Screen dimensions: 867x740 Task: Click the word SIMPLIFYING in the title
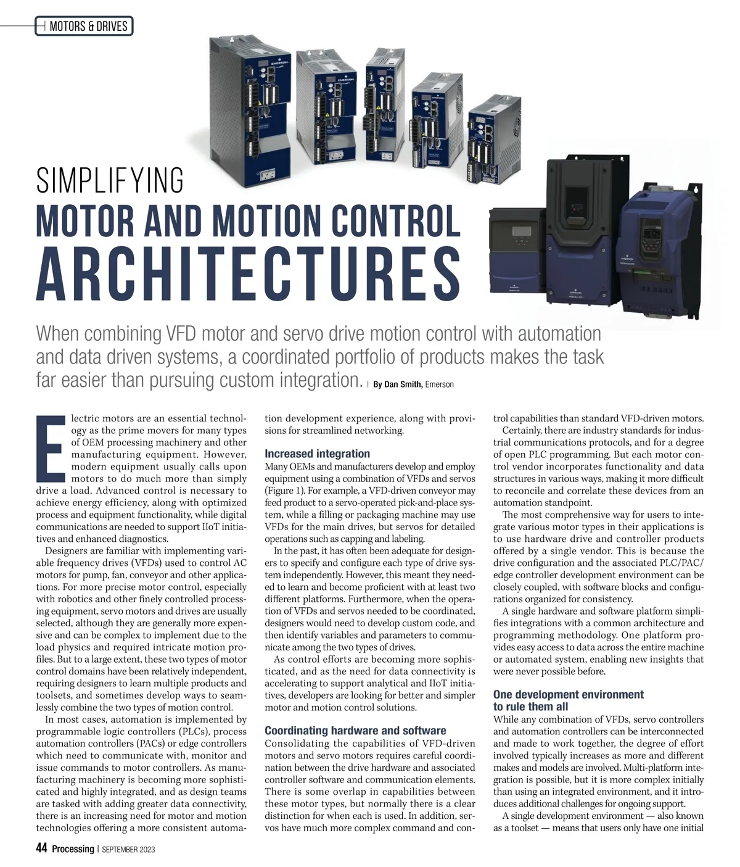(110, 180)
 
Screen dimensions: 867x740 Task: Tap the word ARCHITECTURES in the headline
(248, 273)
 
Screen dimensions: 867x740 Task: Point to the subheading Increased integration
(317, 454)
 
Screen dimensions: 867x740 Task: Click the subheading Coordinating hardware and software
(355, 731)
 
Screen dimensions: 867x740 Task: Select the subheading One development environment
(568, 695)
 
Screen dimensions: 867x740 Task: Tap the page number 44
(41, 848)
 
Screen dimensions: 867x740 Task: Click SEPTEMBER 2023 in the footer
(128, 850)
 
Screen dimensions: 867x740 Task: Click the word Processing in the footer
(73, 849)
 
